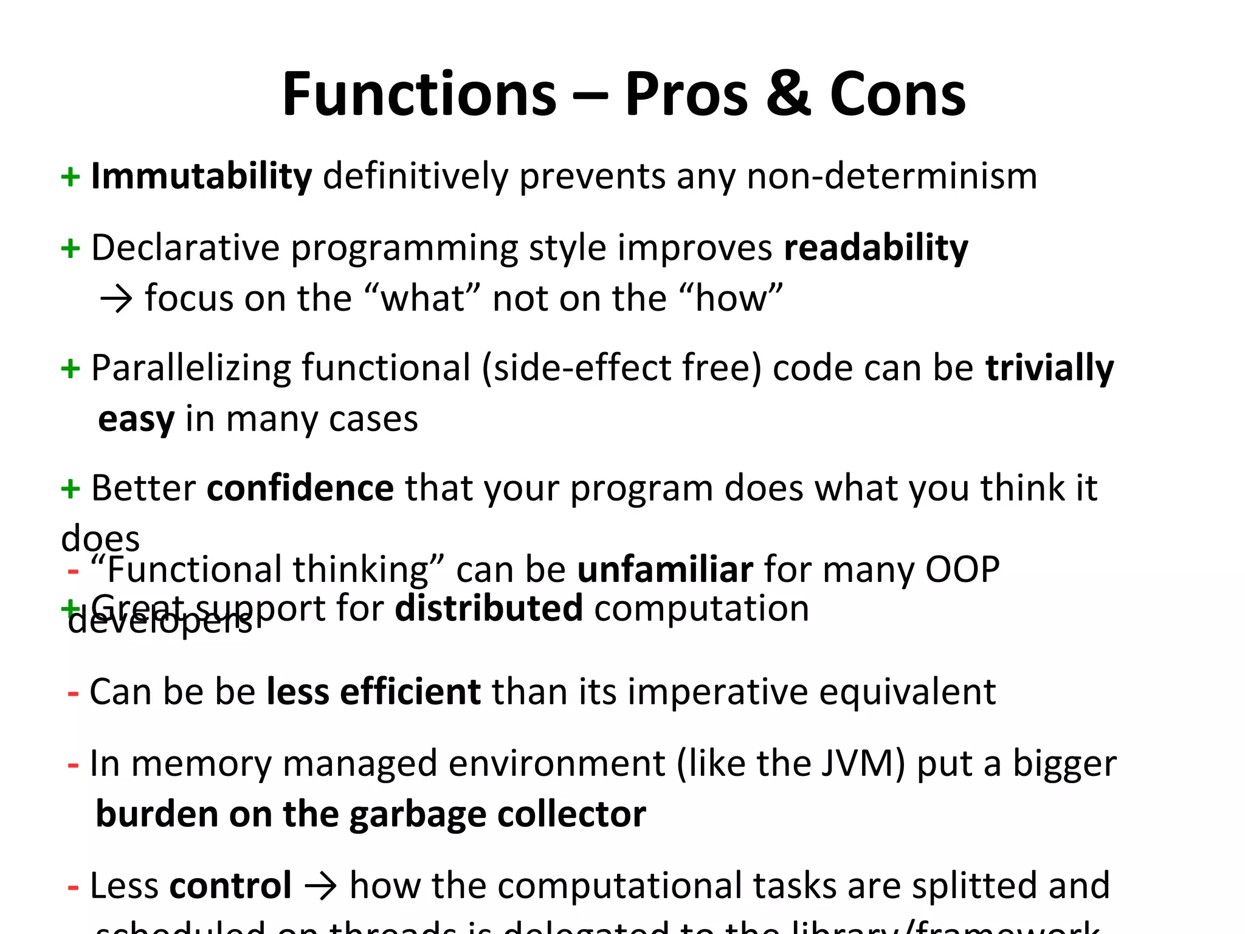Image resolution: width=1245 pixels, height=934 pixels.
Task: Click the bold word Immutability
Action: tap(201, 176)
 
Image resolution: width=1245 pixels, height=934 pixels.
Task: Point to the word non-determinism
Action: tap(891, 176)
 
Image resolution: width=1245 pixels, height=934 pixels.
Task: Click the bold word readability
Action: tap(876, 248)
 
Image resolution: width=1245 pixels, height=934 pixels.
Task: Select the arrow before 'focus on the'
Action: tap(116, 299)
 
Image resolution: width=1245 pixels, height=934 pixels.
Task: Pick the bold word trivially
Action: tap(1049, 368)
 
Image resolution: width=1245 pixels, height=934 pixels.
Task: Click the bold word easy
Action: tap(136, 420)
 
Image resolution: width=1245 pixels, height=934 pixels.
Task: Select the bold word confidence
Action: tap(300, 488)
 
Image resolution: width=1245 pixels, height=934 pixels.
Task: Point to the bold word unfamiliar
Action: tap(665, 570)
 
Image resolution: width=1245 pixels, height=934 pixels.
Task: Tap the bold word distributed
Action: tap(489, 608)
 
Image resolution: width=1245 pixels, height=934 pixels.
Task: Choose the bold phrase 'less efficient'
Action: tap(374, 692)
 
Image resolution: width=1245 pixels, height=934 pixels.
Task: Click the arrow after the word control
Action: tap(320, 886)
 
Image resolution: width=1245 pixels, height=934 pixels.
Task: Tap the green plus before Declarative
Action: tap(71, 248)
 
